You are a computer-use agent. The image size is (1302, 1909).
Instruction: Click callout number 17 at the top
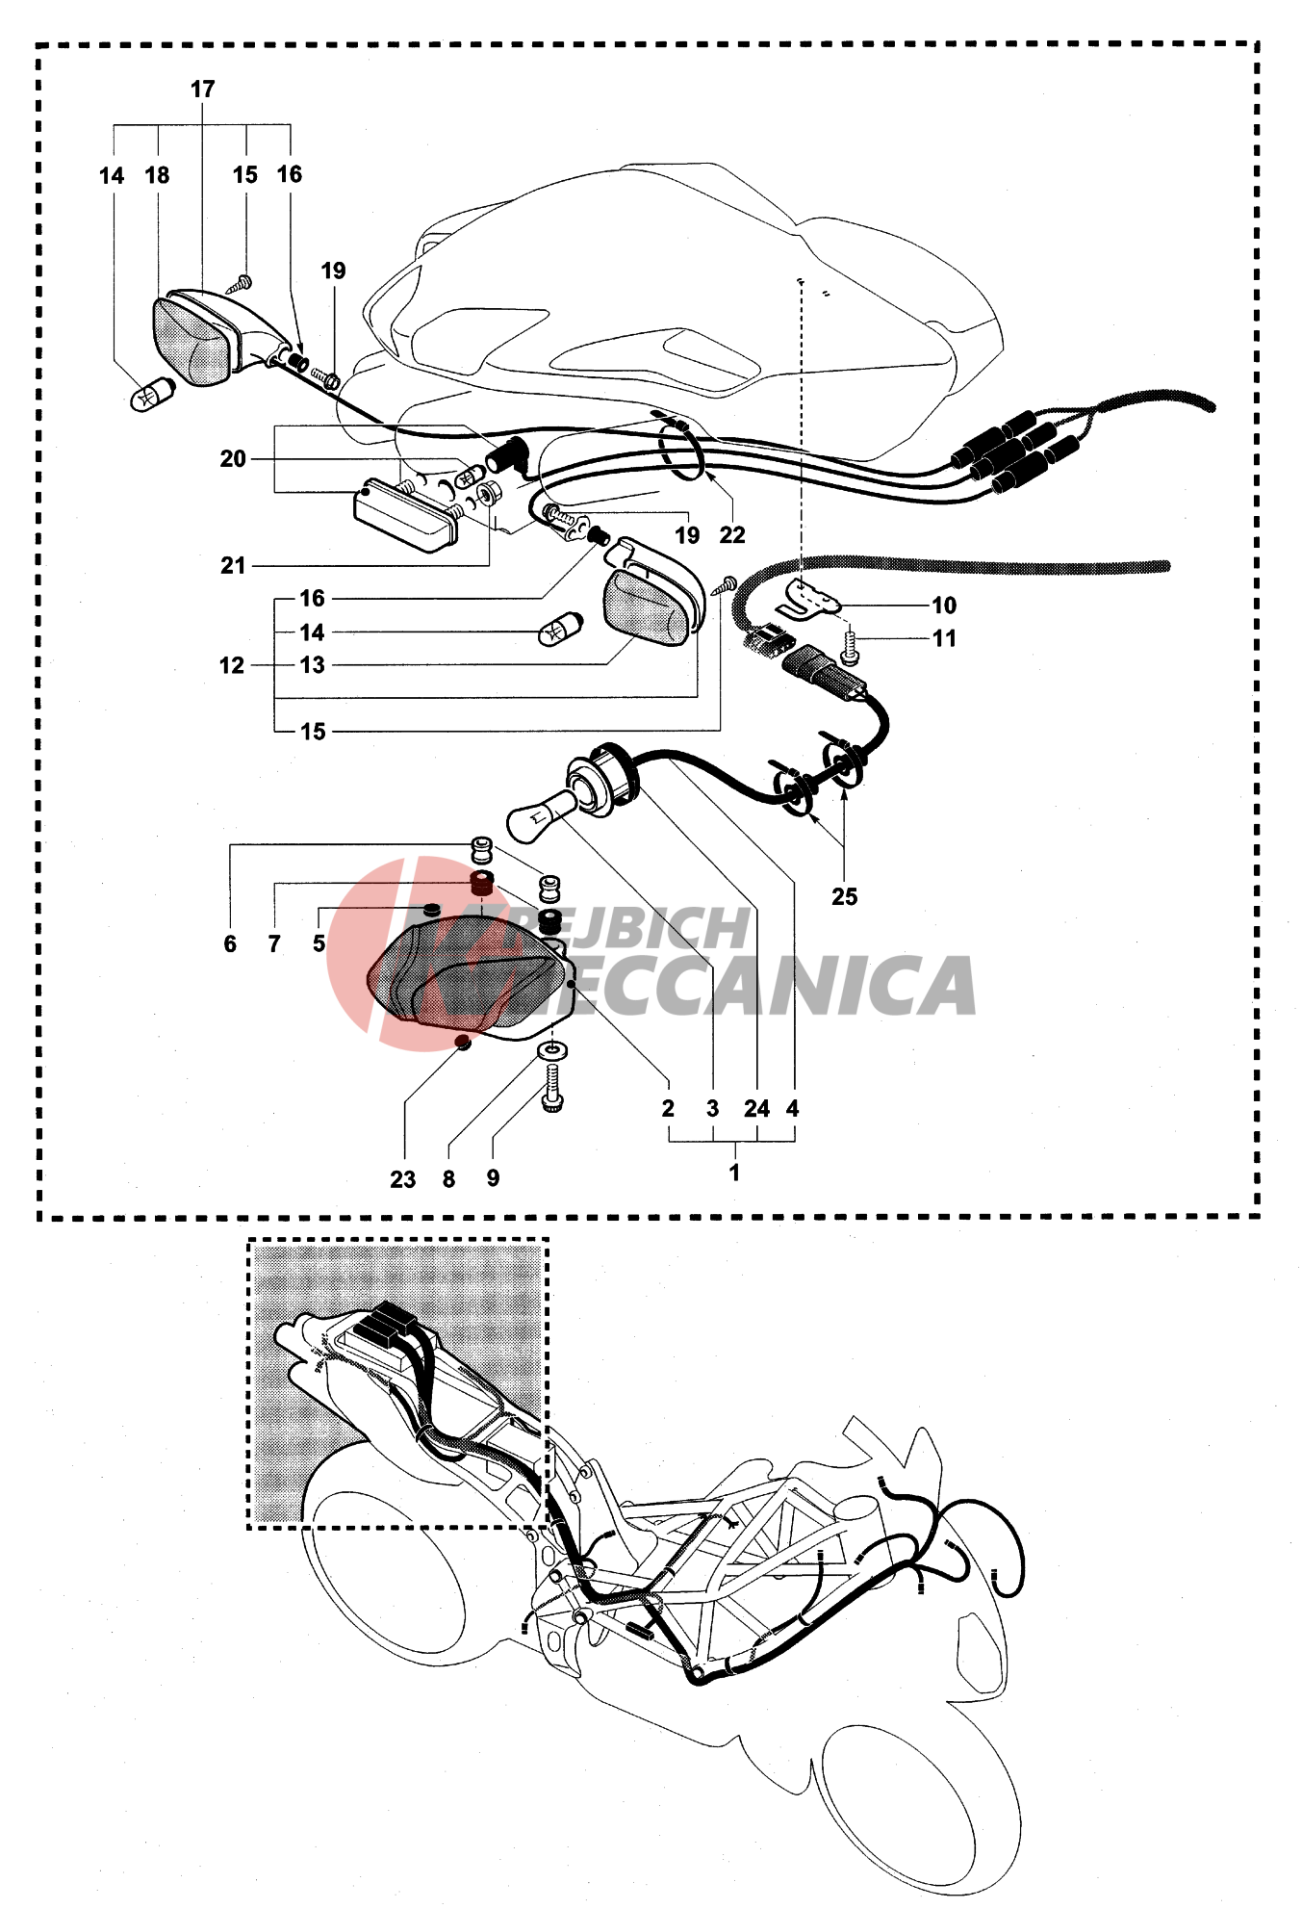[x=202, y=90]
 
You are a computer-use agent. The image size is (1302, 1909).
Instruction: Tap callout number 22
[x=732, y=535]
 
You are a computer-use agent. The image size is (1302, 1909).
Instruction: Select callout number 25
[x=844, y=896]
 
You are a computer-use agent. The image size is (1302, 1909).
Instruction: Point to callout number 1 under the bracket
[x=734, y=1173]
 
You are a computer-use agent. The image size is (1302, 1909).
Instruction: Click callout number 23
[x=402, y=1179]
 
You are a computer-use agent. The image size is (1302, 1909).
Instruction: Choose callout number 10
[x=944, y=606]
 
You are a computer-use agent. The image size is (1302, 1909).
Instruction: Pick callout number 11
[x=944, y=638]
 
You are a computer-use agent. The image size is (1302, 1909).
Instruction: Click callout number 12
[x=231, y=665]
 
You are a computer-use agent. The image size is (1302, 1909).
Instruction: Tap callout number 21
[x=233, y=566]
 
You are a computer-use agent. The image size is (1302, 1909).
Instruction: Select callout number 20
[x=233, y=459]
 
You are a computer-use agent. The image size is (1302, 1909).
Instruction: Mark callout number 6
[x=230, y=944]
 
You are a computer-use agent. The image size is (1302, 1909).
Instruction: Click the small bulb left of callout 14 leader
[x=559, y=630]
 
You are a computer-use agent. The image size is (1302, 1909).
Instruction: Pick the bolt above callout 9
[x=553, y=1089]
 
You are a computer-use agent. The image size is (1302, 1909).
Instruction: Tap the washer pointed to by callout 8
[x=553, y=1049]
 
